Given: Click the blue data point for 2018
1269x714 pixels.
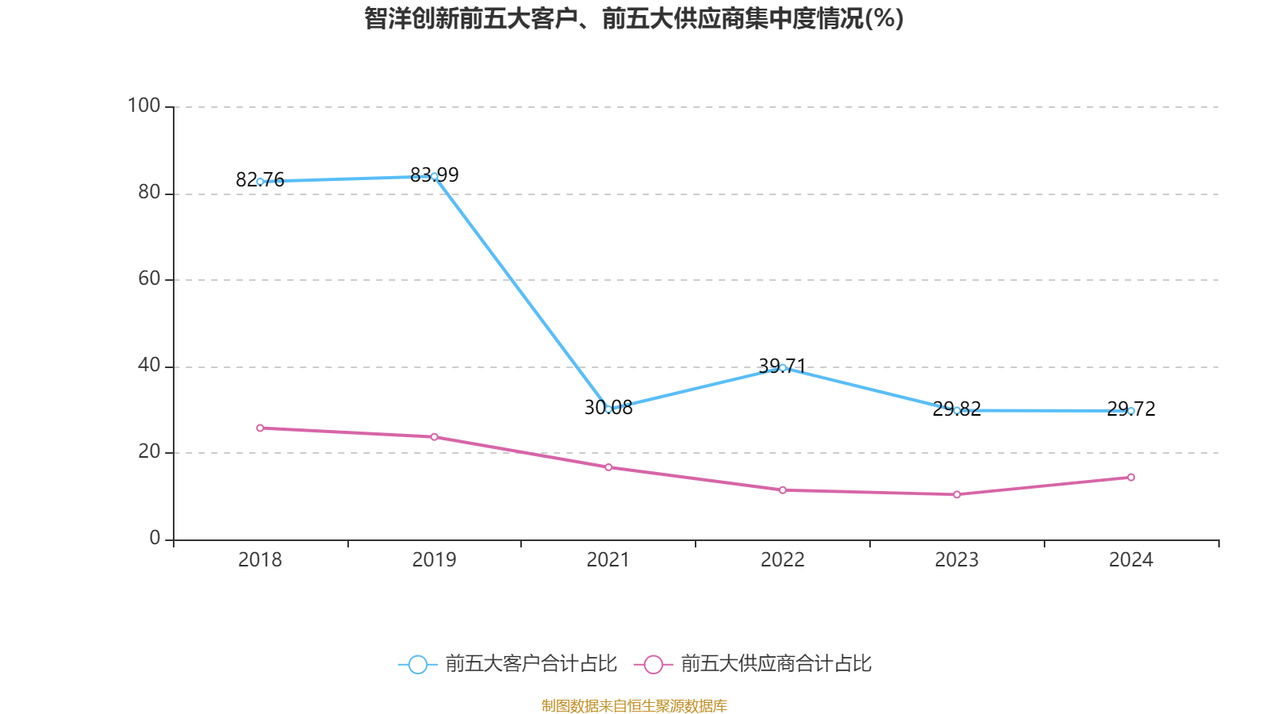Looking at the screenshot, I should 260,182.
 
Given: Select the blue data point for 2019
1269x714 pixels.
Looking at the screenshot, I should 434,177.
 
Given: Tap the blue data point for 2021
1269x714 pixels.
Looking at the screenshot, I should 608,409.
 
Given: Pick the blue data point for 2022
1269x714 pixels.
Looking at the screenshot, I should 783,367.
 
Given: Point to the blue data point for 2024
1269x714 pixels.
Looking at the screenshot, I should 1131,411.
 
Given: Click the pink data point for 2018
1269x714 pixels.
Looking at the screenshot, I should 260,428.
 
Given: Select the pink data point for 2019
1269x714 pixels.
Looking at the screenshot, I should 434,437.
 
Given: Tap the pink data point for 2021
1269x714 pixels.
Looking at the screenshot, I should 608,467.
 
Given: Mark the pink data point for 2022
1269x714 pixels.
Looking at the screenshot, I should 783,490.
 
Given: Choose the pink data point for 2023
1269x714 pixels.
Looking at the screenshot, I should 957,494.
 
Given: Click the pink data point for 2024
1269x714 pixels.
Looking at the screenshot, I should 1131,478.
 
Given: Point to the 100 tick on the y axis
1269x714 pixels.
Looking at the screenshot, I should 144,106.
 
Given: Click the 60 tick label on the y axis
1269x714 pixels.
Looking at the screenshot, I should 149,278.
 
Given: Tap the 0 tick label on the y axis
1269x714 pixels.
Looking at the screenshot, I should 155,538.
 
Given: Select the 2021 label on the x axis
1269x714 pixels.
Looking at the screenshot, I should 608,560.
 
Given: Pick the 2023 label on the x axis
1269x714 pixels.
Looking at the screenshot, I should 957,560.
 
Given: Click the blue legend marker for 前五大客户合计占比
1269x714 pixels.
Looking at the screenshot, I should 417,664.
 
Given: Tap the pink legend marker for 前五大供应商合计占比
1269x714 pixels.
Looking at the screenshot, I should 653,664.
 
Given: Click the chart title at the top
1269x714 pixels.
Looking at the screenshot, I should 634,18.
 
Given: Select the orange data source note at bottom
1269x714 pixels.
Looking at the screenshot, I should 634,705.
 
